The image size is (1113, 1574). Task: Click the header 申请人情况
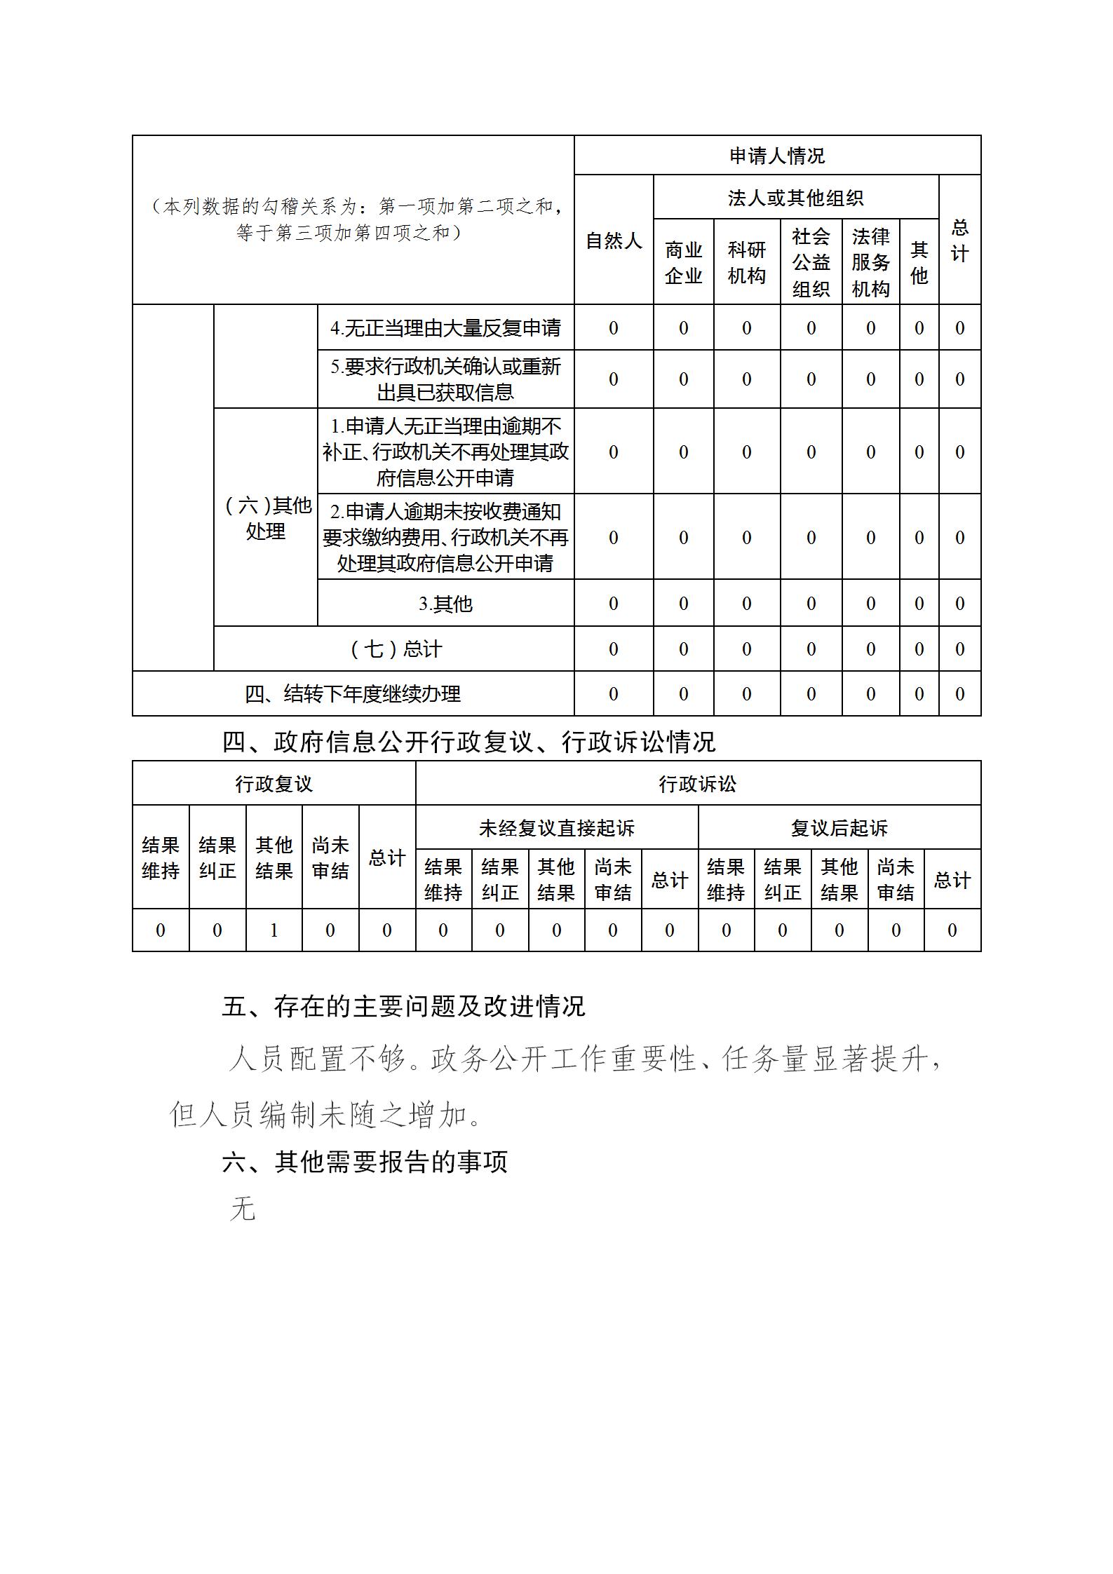(x=777, y=156)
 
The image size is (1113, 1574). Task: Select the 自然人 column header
(x=614, y=240)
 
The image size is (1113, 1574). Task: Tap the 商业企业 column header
(x=683, y=262)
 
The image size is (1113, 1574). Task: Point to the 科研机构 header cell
(x=746, y=262)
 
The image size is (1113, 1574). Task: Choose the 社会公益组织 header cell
(x=811, y=262)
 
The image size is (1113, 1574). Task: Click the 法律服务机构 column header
(x=870, y=262)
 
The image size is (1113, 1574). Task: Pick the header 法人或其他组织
(x=795, y=198)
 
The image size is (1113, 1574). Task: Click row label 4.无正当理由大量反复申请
(x=445, y=327)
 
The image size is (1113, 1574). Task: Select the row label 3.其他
(x=445, y=604)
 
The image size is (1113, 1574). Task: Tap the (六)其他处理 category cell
(x=266, y=517)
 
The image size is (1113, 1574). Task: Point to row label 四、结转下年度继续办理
(x=353, y=694)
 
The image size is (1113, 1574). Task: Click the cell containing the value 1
(x=274, y=930)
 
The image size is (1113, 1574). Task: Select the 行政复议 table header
(x=274, y=784)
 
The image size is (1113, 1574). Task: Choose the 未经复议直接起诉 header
(x=556, y=828)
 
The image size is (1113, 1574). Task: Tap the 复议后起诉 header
(x=839, y=828)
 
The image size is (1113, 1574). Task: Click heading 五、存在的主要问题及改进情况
(x=403, y=1007)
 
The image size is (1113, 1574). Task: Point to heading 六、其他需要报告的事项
(x=365, y=1162)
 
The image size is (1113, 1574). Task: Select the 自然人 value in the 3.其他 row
(x=614, y=604)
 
